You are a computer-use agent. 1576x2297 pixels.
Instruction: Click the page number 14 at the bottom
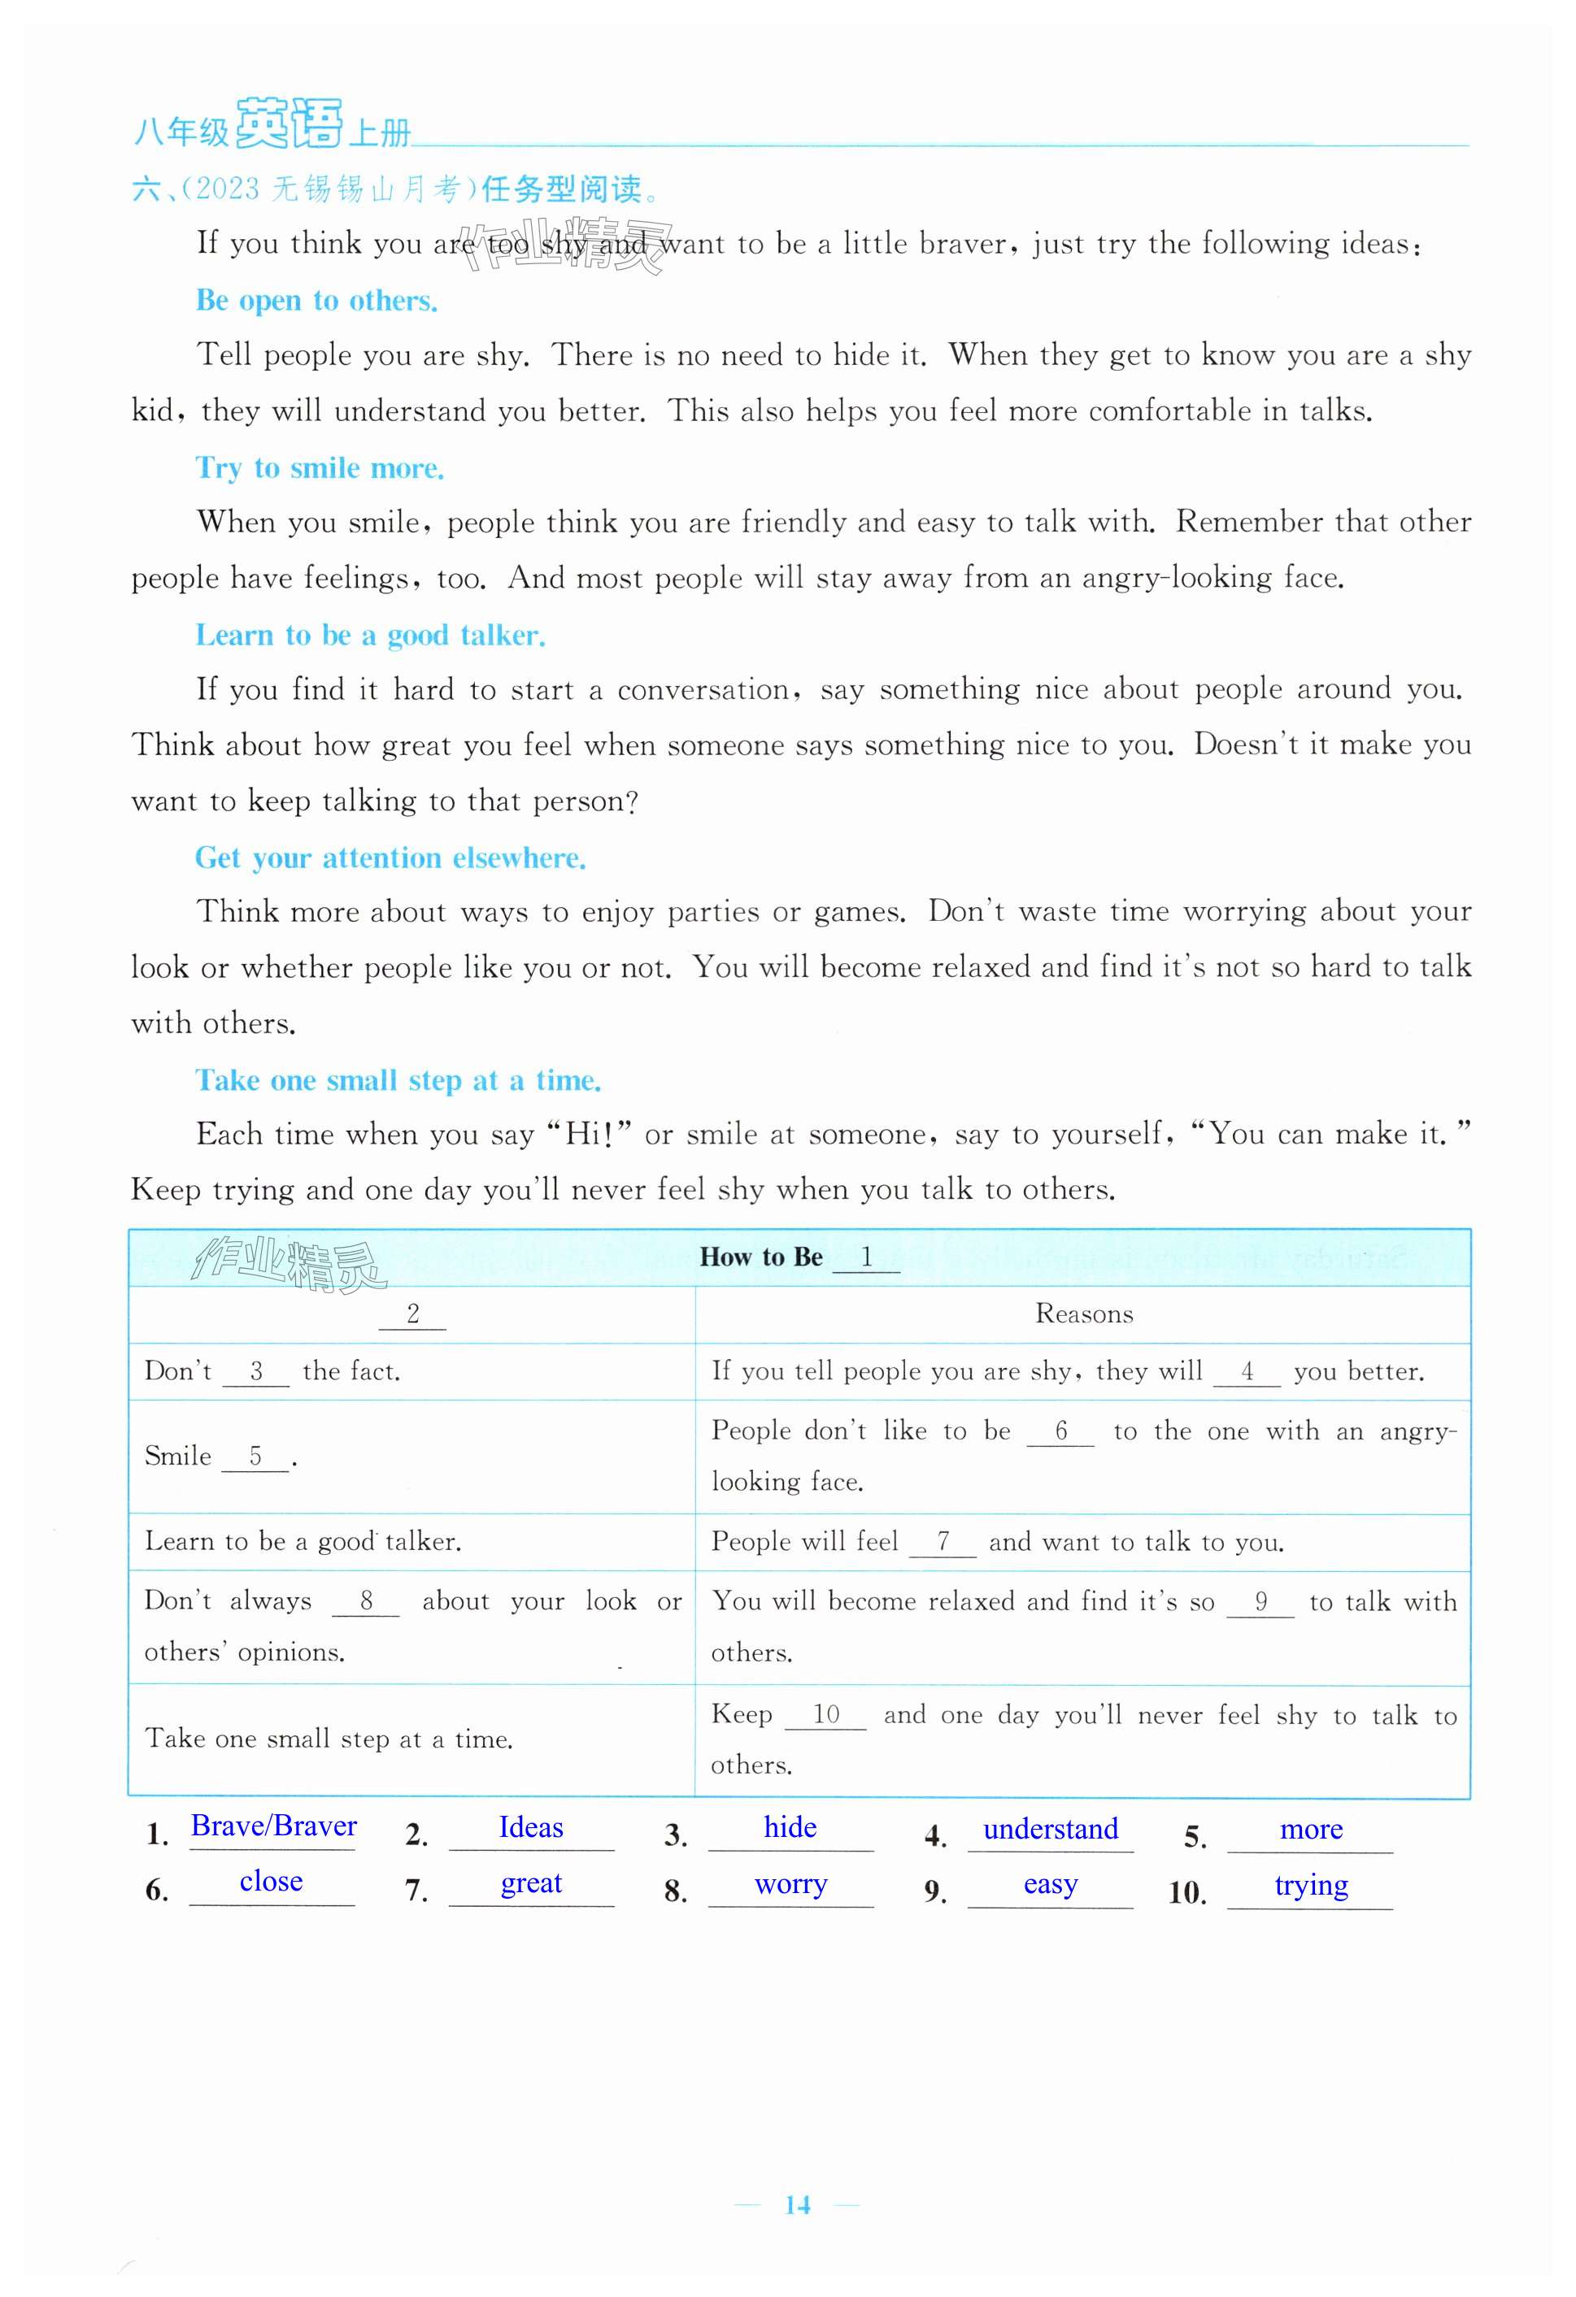(797, 2204)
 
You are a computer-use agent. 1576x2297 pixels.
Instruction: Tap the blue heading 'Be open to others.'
(316, 301)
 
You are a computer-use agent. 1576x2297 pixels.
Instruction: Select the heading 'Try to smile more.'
(320, 467)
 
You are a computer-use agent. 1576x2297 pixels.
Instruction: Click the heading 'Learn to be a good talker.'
(370, 635)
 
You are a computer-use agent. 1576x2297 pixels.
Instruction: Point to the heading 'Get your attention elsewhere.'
(390, 857)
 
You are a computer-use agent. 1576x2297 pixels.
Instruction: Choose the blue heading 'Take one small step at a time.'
(398, 1079)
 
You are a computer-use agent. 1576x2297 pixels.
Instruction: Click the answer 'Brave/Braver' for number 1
(274, 1826)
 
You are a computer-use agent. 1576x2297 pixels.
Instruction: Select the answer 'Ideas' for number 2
(531, 1827)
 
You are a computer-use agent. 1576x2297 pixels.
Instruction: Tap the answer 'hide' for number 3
(790, 1827)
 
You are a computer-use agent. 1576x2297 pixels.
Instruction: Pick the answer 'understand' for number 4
(1050, 1829)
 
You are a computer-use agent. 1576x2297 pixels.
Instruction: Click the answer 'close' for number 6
(271, 1881)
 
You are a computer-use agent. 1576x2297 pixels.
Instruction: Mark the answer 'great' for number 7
(531, 1882)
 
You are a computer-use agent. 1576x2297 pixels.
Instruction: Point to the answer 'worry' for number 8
(790, 1884)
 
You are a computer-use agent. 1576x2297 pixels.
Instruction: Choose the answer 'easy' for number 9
(1050, 1884)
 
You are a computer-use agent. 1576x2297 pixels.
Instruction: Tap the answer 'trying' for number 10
(1310, 1885)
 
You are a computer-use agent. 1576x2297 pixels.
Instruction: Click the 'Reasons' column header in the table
(1084, 1314)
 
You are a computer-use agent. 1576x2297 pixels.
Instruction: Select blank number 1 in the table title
(866, 1257)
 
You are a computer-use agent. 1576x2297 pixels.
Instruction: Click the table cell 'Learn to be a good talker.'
(303, 1541)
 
